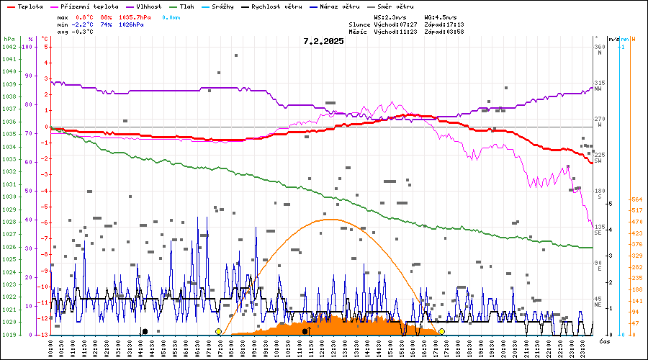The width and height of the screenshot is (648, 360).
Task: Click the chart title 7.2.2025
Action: [323, 41]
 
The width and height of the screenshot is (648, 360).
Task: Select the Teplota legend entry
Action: [25, 6]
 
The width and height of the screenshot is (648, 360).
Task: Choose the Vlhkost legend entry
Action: [148, 6]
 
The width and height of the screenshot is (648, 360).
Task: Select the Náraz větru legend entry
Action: [338, 6]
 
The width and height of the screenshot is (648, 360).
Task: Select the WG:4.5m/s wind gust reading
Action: [439, 17]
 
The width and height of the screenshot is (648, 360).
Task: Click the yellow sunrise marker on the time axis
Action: [218, 331]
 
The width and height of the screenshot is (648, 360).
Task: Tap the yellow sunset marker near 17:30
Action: [441, 331]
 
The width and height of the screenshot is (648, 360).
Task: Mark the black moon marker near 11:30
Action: [305, 331]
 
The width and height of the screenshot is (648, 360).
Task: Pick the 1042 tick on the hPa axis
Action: [9, 47]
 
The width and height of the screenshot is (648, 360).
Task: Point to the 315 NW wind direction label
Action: [598, 86]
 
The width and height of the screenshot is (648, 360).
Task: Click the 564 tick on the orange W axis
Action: [636, 199]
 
